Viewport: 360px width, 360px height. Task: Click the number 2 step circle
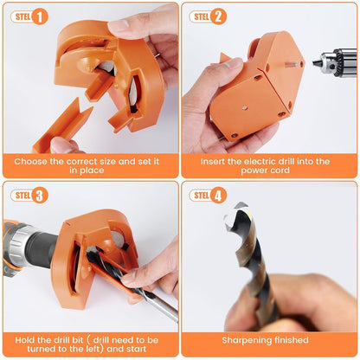219,16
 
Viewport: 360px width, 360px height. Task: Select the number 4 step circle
219,195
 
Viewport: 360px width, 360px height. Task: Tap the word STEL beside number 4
201,195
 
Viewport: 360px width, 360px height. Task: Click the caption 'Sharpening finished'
269,341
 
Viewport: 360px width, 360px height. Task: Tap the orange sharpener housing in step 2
255,87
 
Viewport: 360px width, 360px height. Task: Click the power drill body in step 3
26,247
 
